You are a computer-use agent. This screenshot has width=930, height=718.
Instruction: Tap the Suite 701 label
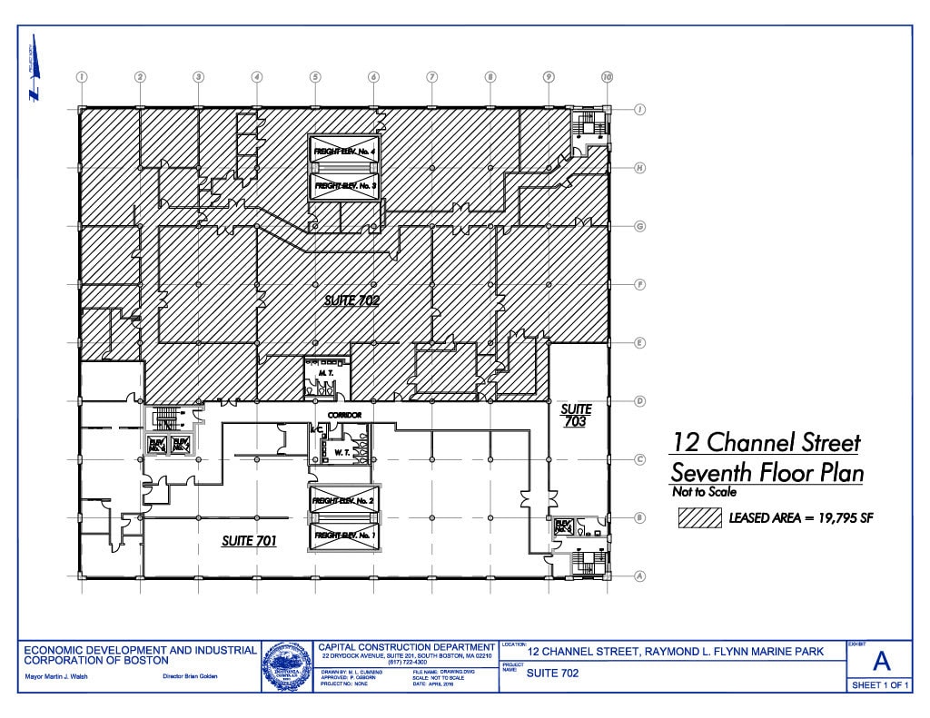(249, 541)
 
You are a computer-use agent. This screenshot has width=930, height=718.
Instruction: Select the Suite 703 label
(576, 416)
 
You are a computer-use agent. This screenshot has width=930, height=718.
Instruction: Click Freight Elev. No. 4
(344, 151)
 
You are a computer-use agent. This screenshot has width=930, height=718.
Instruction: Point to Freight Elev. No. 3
(344, 185)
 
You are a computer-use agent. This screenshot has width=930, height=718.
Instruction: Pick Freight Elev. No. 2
(344, 501)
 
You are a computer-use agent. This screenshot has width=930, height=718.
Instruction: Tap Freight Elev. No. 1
(344, 536)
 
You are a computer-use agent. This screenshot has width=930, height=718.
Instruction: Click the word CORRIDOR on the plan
(344, 415)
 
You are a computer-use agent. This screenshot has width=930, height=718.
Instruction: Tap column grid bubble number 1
(82, 77)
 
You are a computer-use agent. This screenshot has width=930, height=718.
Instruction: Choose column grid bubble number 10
(607, 77)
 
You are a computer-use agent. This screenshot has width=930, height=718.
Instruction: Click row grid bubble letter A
(639, 575)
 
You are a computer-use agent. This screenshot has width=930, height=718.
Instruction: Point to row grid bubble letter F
(639, 284)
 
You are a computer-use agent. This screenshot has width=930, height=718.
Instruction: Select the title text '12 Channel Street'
(765, 443)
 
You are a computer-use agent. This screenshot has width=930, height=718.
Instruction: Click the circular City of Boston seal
(287, 667)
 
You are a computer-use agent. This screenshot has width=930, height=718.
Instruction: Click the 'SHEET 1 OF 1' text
(879, 685)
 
